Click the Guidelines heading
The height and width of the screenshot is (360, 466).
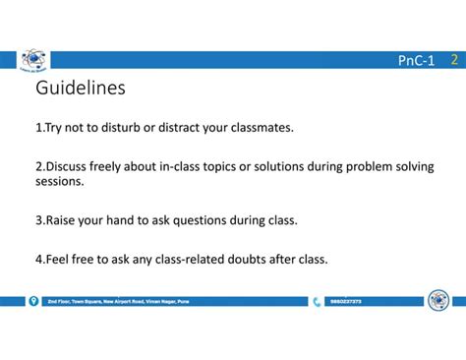click(x=81, y=90)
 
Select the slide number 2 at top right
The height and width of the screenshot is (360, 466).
click(x=453, y=60)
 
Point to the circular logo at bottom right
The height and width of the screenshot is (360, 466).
click(x=438, y=300)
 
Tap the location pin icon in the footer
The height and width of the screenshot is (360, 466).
click(x=33, y=301)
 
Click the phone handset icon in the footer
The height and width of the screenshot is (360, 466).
click(x=317, y=301)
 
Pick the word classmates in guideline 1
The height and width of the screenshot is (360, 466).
click(x=259, y=128)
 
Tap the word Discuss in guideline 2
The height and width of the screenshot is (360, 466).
click(x=69, y=166)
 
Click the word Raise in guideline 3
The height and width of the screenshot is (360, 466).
click(x=63, y=220)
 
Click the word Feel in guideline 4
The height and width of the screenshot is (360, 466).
click(x=60, y=260)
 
